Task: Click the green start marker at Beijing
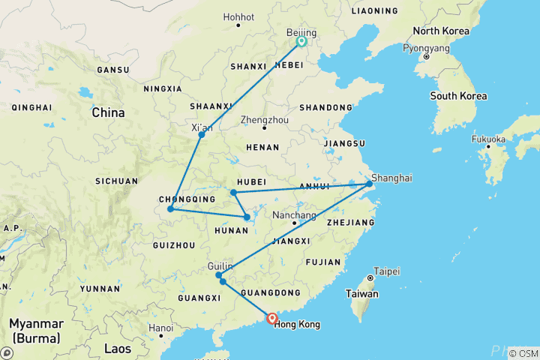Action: coord(301,42)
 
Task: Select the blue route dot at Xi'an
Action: coord(202,135)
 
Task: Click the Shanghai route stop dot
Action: coord(369,184)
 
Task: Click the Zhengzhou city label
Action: coord(265,118)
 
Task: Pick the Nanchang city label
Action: coord(294,215)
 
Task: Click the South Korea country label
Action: coord(458,96)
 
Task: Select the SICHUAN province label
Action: coord(116,181)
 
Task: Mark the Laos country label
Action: coord(118,349)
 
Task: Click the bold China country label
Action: coord(109,113)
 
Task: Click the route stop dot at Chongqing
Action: coord(171,208)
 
